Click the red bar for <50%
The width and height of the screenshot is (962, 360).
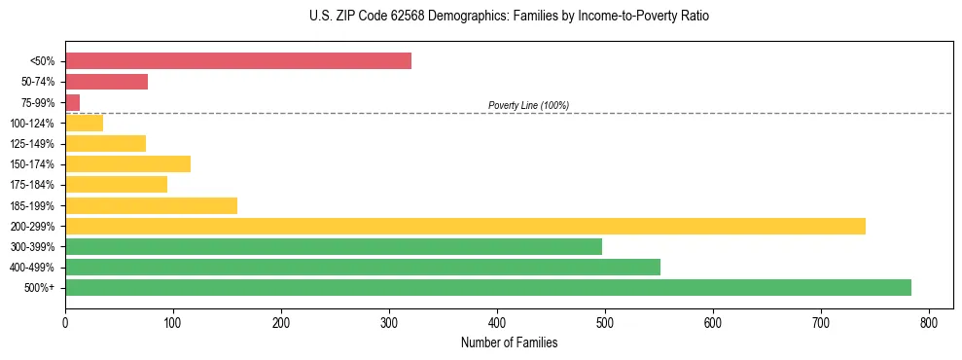238,61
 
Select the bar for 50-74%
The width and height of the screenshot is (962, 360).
107,82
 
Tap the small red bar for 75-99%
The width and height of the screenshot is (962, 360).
73,102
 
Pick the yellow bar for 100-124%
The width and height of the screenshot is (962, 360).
85,123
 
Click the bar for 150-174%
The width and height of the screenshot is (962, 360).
128,163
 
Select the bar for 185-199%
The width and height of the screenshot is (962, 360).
152,205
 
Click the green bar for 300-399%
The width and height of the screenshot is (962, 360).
334,246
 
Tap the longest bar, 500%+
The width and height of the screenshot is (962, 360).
488,287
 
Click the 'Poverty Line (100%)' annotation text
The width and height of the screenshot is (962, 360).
528,105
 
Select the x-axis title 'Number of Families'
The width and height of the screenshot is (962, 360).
509,342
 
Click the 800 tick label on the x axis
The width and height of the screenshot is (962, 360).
929,322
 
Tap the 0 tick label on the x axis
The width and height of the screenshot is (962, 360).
65,322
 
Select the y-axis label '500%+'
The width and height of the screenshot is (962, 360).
40,288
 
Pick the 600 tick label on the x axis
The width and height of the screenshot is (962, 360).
713,322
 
